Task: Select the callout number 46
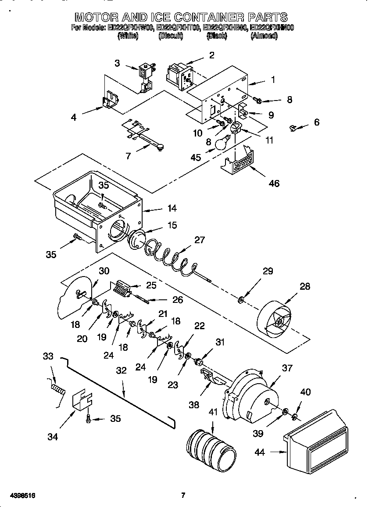point(274,183)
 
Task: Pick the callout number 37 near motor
point(287,368)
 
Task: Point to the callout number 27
point(200,240)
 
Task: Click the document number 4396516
point(18,496)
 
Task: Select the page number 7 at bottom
point(183,496)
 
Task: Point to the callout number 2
point(211,55)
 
